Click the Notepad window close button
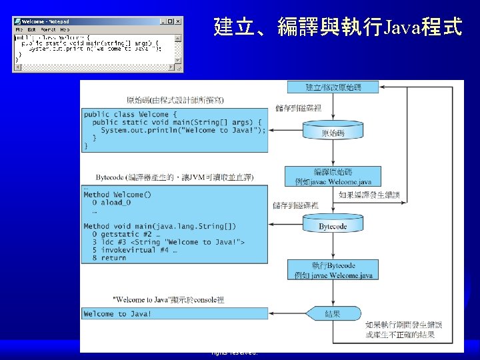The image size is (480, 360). (x=178, y=21)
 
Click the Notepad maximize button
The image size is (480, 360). (x=171, y=21)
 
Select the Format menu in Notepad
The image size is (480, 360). (x=48, y=30)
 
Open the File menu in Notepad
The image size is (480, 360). (x=19, y=30)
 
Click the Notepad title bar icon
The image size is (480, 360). (x=17, y=21)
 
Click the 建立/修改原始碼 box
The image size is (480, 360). (x=333, y=87)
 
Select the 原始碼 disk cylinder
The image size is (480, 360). (x=333, y=132)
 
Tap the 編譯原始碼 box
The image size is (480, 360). (x=333, y=176)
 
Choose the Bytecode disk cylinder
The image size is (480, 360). (x=333, y=225)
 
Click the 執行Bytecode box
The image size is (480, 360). (x=333, y=271)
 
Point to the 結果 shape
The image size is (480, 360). (x=333, y=313)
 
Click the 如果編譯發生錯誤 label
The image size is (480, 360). (x=369, y=195)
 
